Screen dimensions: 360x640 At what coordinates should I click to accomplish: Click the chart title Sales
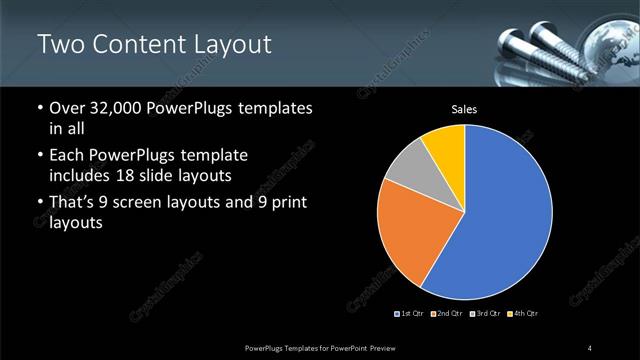tap(464, 108)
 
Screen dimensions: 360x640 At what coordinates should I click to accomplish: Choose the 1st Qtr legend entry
tap(411, 315)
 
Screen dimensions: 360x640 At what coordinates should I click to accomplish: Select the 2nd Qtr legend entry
tap(447, 315)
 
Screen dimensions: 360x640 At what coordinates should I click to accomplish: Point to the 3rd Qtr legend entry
tap(484, 315)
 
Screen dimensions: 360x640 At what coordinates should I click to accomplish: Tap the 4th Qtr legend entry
tap(521, 315)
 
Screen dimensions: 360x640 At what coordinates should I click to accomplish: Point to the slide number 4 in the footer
tap(590, 347)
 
